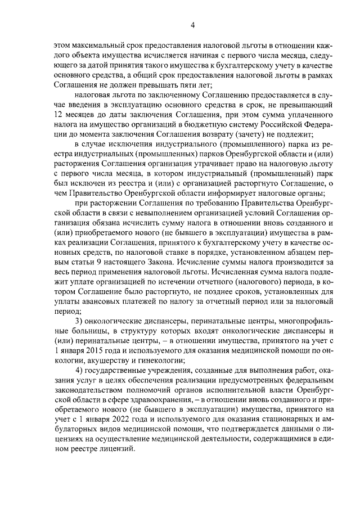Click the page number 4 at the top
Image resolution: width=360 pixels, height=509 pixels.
coord(192,25)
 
